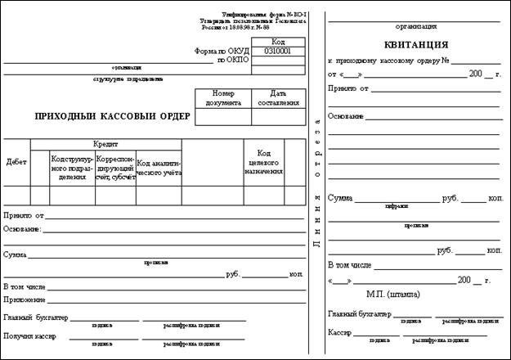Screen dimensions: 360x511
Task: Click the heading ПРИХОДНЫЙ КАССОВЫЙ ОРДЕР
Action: click(112, 116)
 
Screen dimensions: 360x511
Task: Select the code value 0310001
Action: click(278, 51)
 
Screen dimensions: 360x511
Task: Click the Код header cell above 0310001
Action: click(278, 41)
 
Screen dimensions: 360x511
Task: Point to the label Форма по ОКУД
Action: click(221, 51)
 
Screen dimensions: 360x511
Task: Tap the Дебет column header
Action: click(16, 162)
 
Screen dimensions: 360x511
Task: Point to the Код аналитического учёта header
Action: click(159, 168)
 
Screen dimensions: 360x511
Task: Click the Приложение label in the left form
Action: click(24, 300)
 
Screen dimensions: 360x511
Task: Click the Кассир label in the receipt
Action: click(339, 333)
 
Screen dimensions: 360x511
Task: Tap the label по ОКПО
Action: click(232, 60)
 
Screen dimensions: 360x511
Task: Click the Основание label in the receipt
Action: click(346, 116)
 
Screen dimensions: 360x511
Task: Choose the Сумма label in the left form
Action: click(15, 255)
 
